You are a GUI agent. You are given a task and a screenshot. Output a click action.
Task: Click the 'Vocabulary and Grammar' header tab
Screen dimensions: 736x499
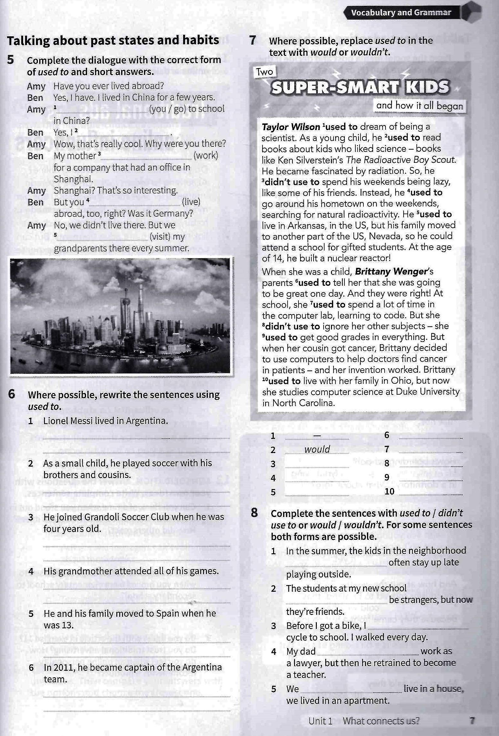pyautogui.click(x=401, y=13)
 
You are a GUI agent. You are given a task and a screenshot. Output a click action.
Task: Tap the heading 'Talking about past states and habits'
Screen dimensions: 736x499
pyautogui.click(x=113, y=40)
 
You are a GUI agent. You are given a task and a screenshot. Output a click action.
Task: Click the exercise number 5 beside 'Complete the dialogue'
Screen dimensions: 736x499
pyautogui.click(x=11, y=60)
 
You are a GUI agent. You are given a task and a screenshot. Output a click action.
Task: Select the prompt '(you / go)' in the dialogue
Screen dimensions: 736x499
pyautogui.click(x=168, y=109)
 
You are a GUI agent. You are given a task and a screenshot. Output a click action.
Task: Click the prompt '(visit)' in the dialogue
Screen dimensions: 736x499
pyautogui.click(x=160, y=237)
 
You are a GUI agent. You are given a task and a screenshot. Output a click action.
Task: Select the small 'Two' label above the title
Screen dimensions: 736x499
pyautogui.click(x=264, y=72)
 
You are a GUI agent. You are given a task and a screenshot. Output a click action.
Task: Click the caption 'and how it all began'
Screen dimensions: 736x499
pyautogui.click(x=419, y=106)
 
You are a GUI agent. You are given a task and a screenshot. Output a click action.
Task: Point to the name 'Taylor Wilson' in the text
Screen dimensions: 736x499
pyautogui.click(x=291, y=127)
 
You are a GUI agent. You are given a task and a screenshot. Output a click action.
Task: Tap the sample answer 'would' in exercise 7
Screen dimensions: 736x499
pyautogui.click(x=317, y=449)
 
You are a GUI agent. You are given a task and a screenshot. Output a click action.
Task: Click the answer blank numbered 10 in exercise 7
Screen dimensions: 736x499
pyautogui.click(x=431, y=492)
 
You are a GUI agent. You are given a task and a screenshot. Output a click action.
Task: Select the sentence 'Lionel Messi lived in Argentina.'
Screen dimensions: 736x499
pyautogui.click(x=105, y=421)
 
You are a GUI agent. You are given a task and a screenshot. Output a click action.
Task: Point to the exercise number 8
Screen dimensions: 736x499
pyautogui.click(x=254, y=513)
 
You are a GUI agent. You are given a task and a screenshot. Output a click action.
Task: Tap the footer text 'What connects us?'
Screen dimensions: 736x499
pyautogui.click(x=381, y=721)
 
